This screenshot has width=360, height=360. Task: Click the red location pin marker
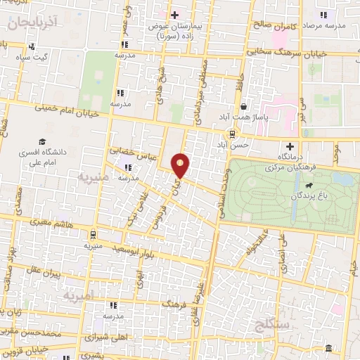coord(181,165)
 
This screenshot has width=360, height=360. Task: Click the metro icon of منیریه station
coord(92,236)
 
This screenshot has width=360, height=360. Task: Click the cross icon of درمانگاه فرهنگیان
coord(289,146)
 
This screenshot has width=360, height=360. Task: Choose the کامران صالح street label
coord(273,26)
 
